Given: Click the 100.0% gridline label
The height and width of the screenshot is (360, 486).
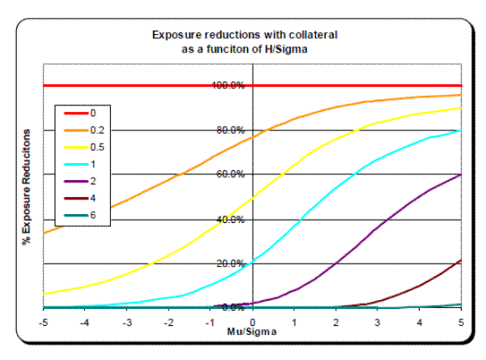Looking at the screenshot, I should click(x=228, y=85).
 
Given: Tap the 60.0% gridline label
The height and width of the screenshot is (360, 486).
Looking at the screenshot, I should click(x=228, y=174).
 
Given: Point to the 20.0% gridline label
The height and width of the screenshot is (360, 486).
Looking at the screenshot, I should click(x=228, y=264).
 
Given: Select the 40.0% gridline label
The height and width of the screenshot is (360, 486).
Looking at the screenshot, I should click(x=228, y=219).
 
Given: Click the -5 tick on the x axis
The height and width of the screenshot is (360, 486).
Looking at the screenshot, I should click(x=44, y=321).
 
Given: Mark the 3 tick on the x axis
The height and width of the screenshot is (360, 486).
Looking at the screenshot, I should click(x=377, y=321).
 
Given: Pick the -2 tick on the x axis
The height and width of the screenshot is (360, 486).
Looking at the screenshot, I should click(x=168, y=321).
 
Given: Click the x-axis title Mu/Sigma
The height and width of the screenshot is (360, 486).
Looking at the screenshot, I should click(x=252, y=332).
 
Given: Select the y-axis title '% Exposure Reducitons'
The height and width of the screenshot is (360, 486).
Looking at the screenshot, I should click(x=28, y=192).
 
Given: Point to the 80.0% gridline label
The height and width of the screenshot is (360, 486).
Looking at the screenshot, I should click(x=228, y=130).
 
